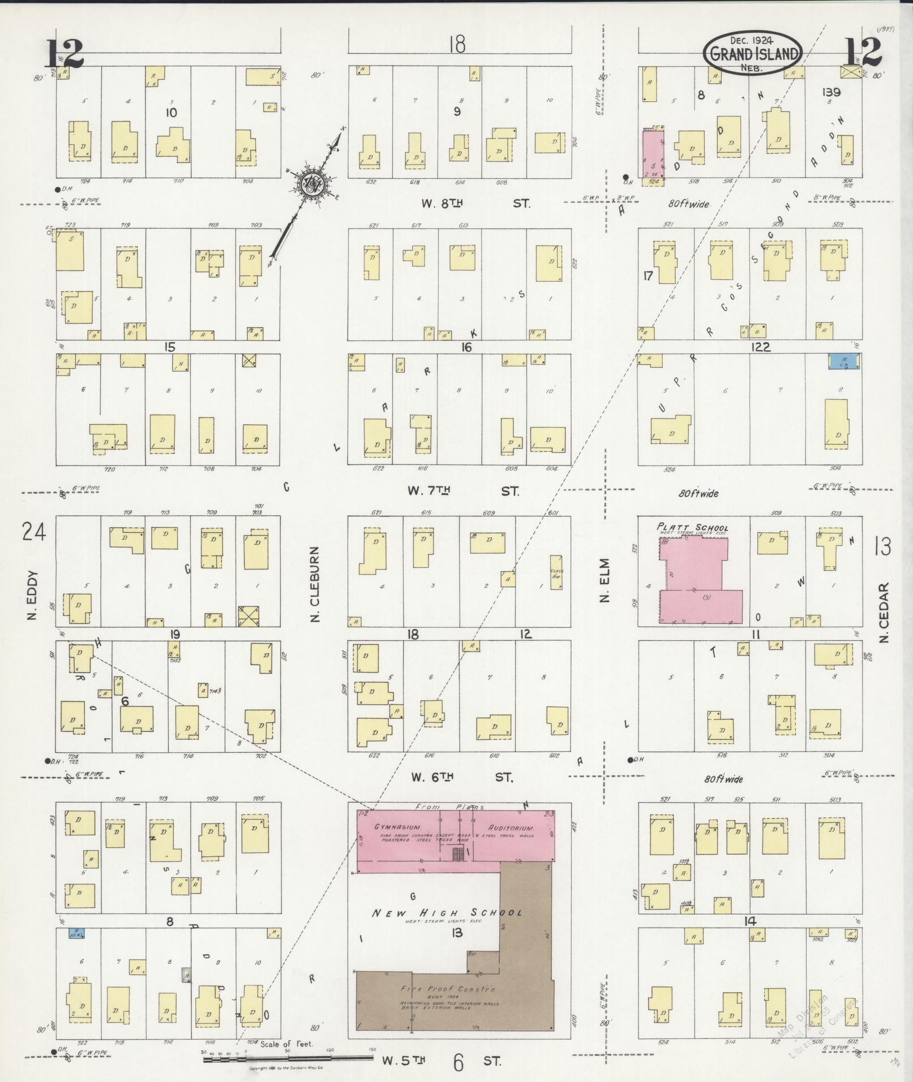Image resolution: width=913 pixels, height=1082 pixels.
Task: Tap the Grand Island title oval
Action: (x=753, y=54)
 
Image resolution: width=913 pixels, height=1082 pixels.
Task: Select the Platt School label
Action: (x=692, y=528)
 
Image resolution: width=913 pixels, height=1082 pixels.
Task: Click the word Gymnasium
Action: (x=396, y=827)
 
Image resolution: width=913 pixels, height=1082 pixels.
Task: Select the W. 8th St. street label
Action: (x=475, y=203)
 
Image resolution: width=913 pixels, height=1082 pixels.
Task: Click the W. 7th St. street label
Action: (x=463, y=491)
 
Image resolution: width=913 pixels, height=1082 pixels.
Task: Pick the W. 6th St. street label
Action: (x=462, y=777)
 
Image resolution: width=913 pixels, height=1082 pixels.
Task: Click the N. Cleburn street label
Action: (x=315, y=584)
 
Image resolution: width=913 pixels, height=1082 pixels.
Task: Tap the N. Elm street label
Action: (x=605, y=580)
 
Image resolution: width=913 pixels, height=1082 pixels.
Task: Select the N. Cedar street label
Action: (x=884, y=612)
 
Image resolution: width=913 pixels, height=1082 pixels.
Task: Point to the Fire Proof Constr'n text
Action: (x=447, y=989)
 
